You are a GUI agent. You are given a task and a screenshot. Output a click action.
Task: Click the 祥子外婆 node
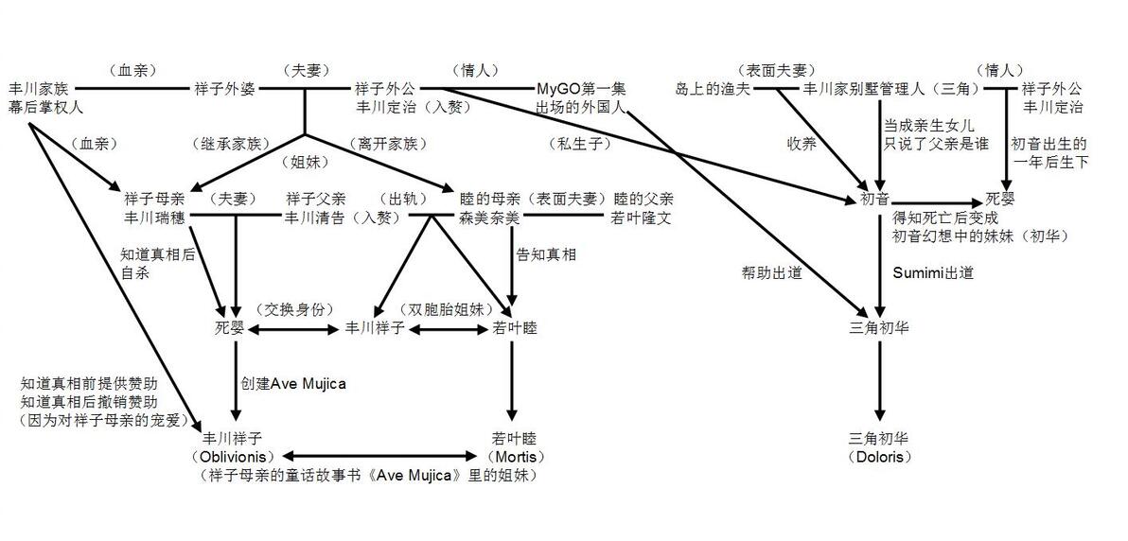(223, 89)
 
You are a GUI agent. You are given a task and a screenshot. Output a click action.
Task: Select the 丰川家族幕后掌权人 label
(44, 98)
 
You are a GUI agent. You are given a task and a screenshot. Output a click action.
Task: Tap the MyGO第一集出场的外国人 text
(582, 98)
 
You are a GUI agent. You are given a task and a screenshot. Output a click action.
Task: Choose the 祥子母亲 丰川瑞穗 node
(154, 208)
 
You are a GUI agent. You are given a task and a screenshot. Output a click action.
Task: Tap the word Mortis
(514, 456)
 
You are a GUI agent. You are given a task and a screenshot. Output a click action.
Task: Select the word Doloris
(879, 456)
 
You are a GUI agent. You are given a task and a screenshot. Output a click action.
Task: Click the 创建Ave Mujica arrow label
(293, 383)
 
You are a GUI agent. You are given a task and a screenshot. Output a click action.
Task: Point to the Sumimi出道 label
(933, 272)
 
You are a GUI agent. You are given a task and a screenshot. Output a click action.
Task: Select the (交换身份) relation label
(295, 309)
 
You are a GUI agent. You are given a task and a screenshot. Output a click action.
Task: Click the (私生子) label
(579, 144)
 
